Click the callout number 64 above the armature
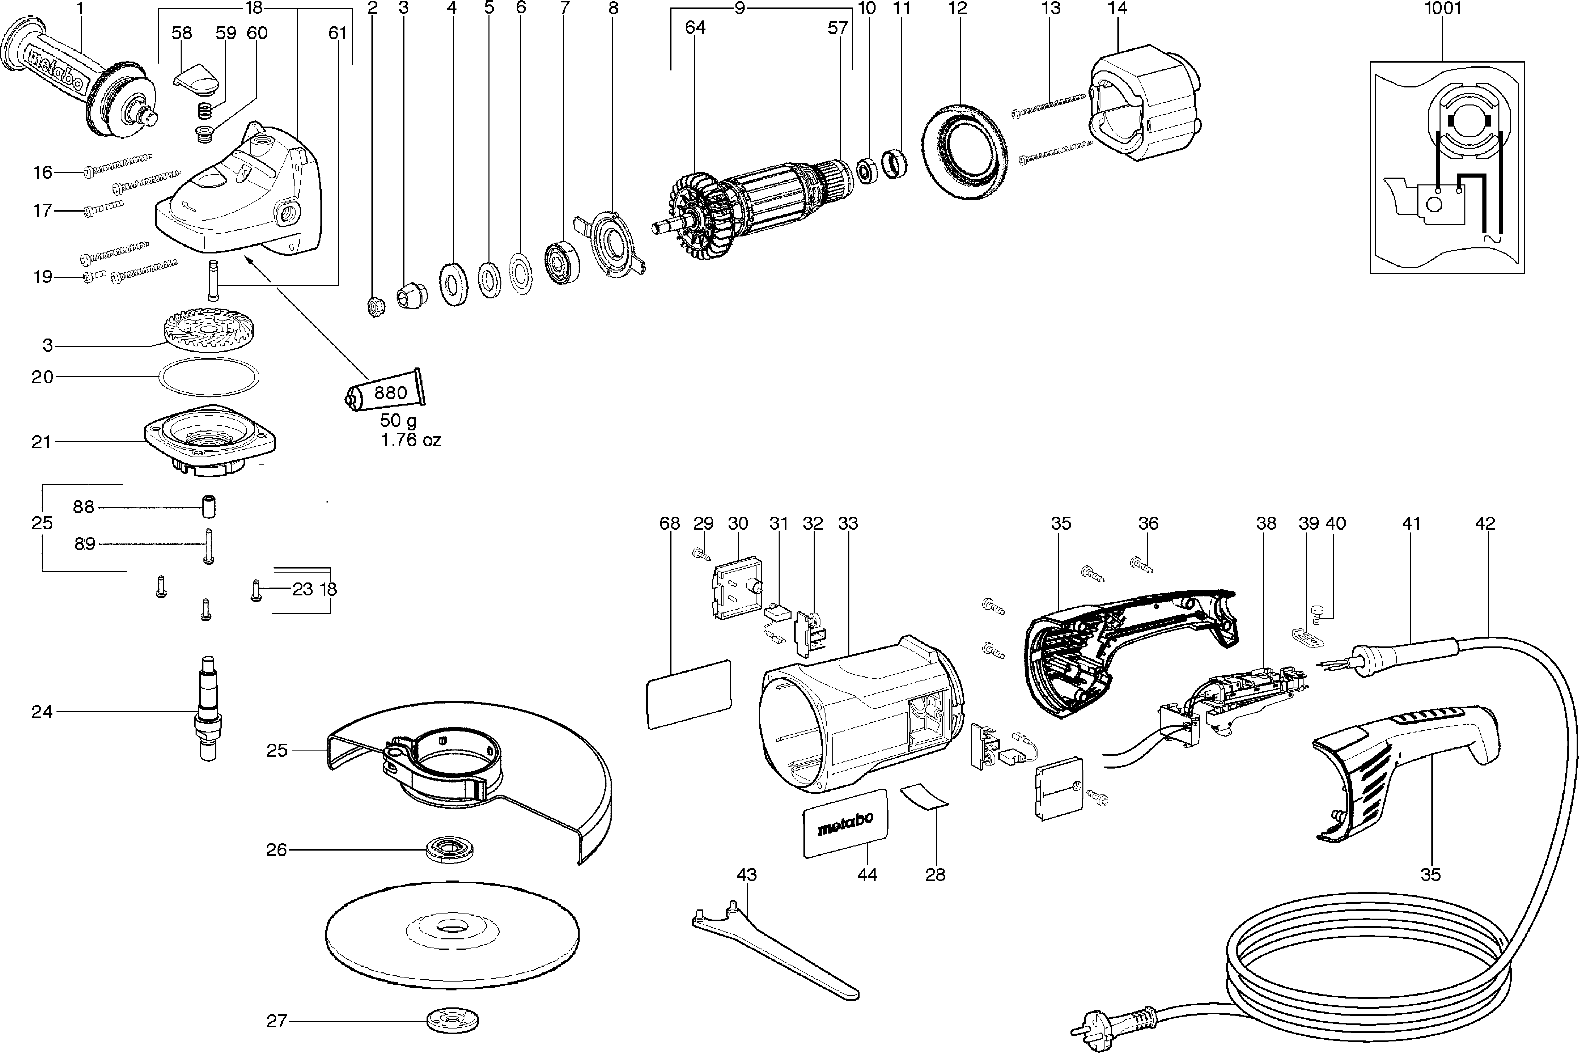[x=695, y=28]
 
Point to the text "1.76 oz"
[x=411, y=440]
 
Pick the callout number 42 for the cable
[x=1485, y=523]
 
